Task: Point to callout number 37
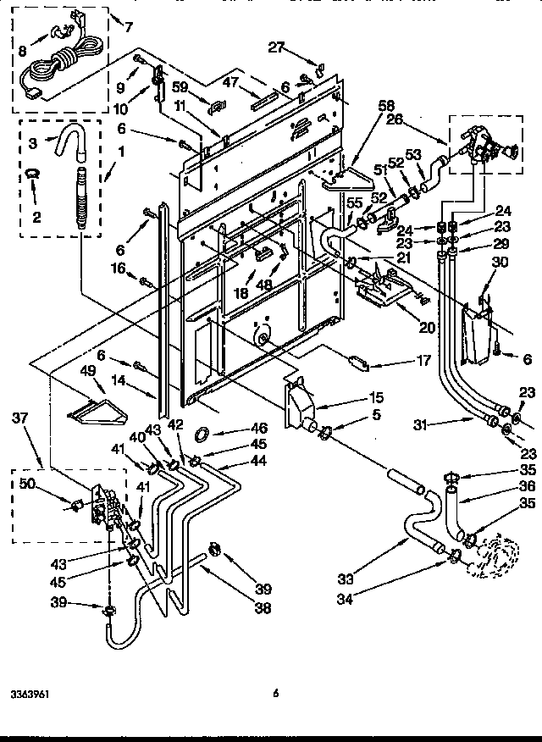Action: pyautogui.click(x=21, y=417)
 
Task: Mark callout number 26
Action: pyautogui.click(x=394, y=119)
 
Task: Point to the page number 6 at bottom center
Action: pyautogui.click(x=275, y=693)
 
